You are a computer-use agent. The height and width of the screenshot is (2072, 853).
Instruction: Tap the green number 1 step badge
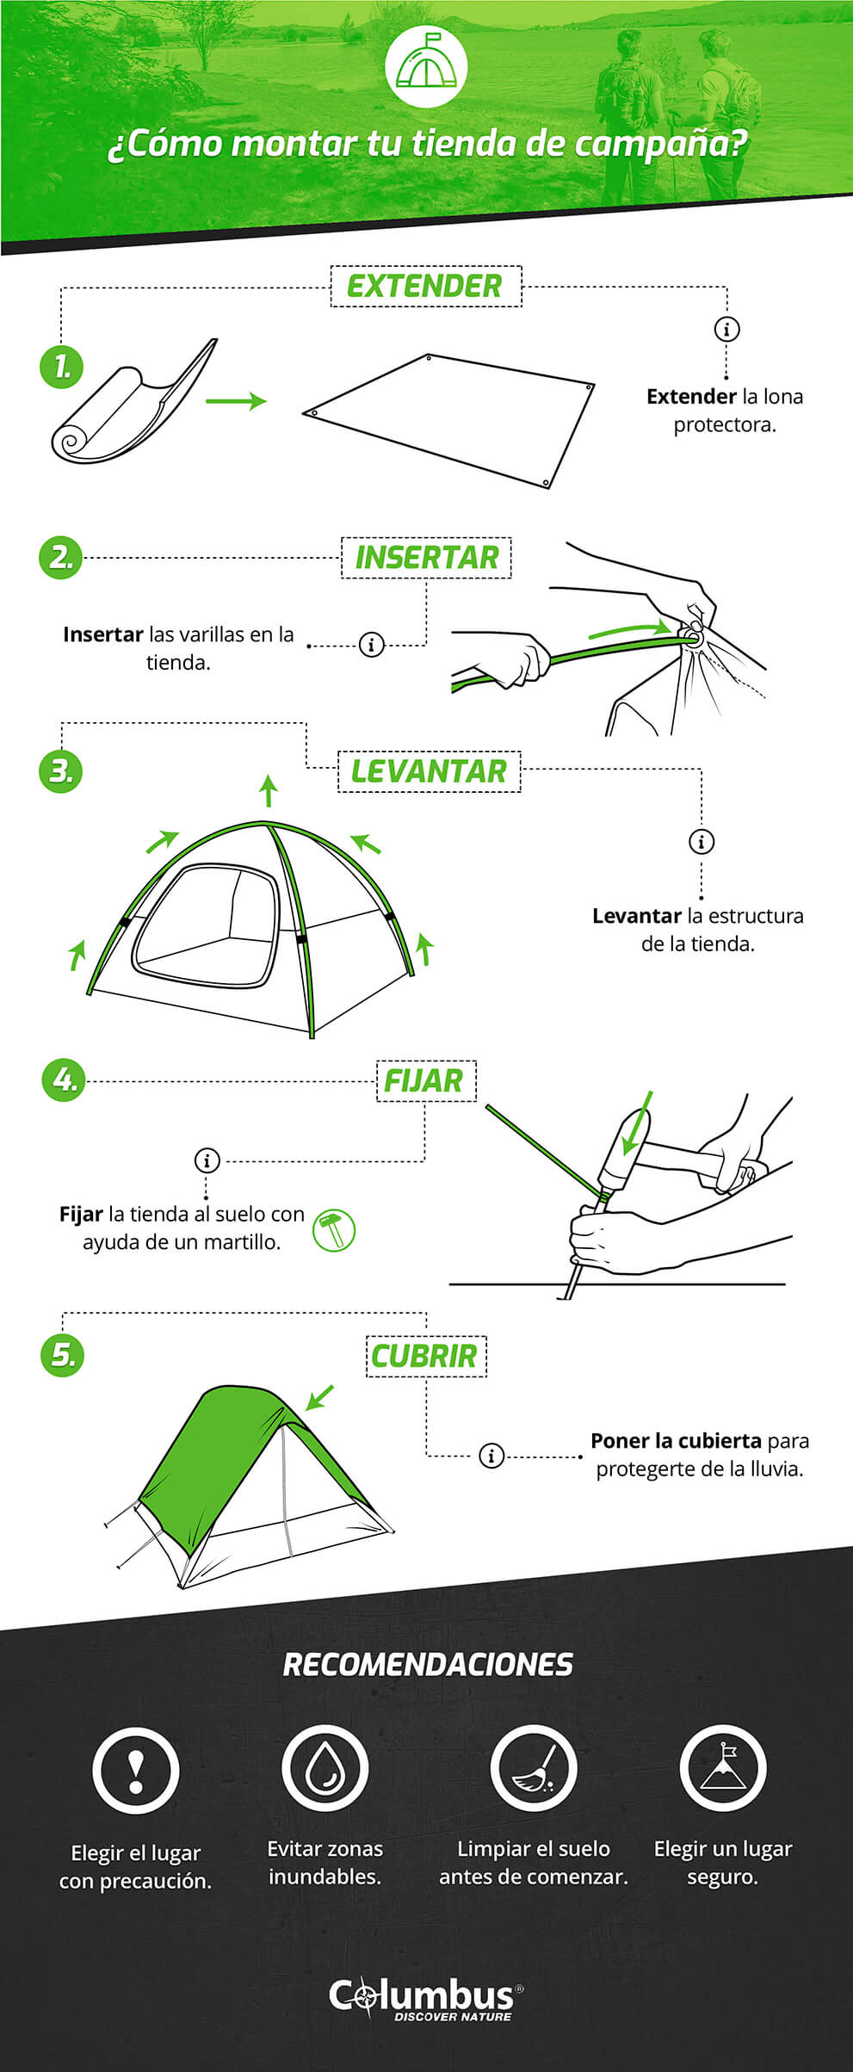point(61,368)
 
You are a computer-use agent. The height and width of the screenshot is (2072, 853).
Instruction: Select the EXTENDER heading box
point(426,287)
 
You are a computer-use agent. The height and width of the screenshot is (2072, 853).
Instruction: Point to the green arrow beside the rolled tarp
point(235,401)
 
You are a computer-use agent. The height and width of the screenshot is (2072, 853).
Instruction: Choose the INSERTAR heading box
point(426,558)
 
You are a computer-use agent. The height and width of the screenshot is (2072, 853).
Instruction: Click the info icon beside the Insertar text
point(371,644)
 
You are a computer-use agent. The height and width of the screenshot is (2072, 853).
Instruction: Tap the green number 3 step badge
point(61,770)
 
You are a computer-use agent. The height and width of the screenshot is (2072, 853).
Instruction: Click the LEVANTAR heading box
point(429,771)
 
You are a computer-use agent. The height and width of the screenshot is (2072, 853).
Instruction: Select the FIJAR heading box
point(425,1080)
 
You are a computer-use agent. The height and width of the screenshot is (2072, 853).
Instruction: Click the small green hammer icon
point(333,1229)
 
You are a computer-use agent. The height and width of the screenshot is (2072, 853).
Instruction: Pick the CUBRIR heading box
point(425,1356)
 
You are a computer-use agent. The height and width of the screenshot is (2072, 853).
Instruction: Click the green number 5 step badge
point(63,1354)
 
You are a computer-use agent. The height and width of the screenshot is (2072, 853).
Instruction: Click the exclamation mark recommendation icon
point(136,1770)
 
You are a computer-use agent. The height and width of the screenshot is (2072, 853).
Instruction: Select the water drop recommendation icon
point(325,1768)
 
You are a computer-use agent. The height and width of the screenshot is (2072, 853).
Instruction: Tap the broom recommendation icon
point(533,1768)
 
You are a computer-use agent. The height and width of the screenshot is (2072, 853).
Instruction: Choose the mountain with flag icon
point(722,1767)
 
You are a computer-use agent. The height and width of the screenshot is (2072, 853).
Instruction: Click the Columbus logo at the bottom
point(425,1999)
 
